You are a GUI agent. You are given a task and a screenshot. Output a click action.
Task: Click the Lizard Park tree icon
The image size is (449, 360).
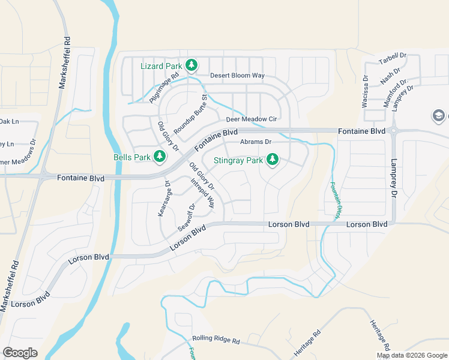point(191,64)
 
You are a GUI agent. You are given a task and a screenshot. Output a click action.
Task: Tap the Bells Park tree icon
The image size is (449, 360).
point(159,157)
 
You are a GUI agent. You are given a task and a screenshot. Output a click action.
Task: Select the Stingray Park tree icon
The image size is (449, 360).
point(273,160)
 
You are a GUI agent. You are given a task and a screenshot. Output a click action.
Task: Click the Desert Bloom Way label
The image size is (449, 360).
point(237,76)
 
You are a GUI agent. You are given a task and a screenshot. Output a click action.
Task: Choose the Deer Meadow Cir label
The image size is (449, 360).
point(255,119)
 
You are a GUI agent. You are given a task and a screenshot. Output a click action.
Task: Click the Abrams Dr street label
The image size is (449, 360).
point(256,142)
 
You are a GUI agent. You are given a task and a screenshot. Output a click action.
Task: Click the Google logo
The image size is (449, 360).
point(20,352)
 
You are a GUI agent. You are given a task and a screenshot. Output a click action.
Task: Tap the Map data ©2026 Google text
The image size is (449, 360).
point(411,355)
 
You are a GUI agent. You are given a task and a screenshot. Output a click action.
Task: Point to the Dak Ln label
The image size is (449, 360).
point(8,121)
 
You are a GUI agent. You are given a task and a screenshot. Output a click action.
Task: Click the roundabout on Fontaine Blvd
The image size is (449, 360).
point(394,130)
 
